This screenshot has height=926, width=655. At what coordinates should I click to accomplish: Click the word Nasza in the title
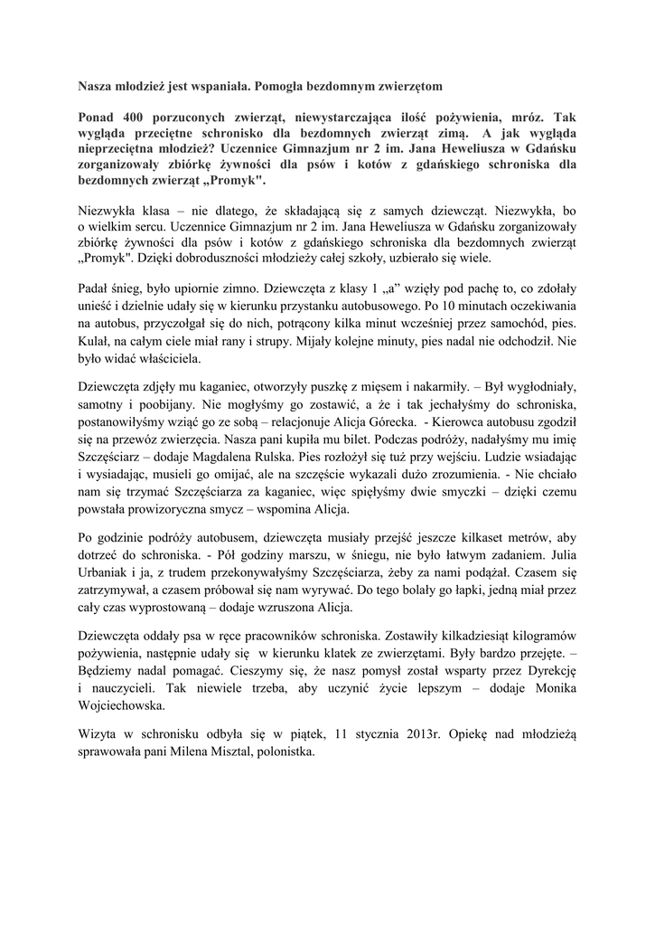click(96, 85)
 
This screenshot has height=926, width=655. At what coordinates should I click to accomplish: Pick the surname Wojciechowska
click(122, 705)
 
